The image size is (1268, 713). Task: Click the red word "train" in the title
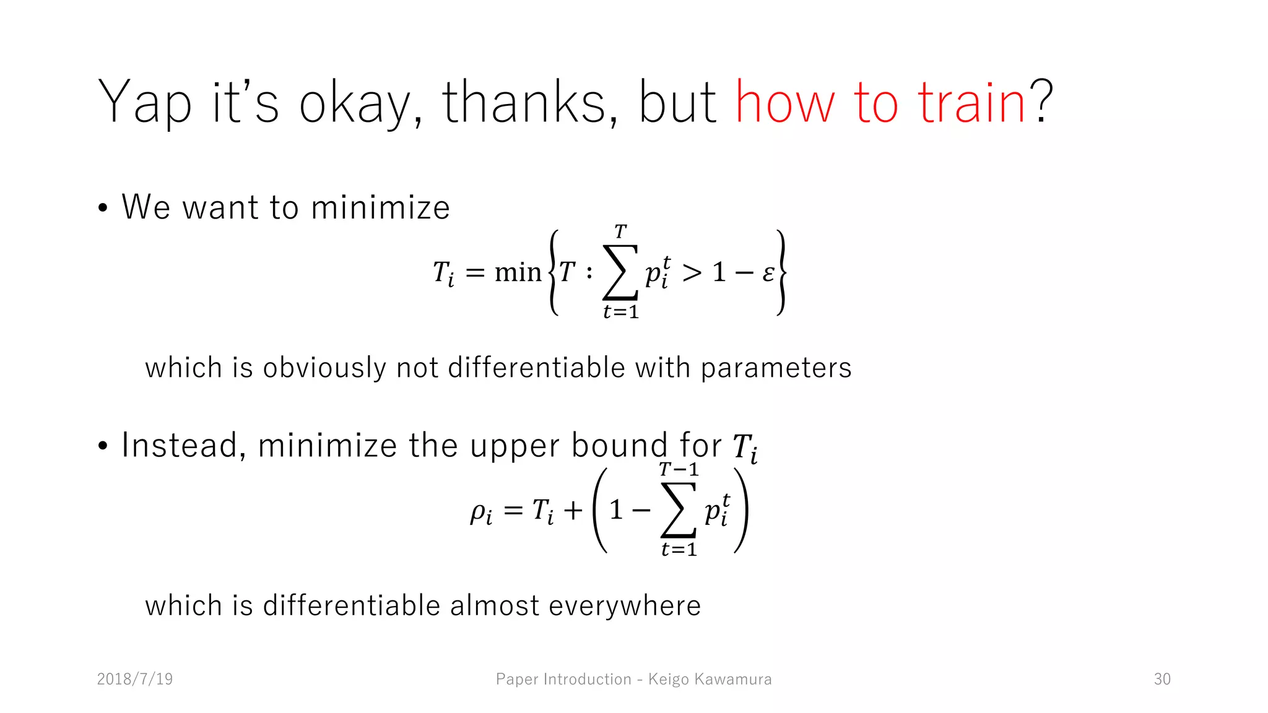click(x=971, y=103)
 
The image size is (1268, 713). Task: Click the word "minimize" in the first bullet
click(x=380, y=207)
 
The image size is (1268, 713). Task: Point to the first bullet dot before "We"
click(x=103, y=208)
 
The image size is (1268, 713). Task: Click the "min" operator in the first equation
click(x=518, y=272)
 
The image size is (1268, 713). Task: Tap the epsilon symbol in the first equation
click(x=768, y=272)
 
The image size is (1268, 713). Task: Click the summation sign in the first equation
click(x=620, y=272)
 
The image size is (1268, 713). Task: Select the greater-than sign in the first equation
click(x=692, y=272)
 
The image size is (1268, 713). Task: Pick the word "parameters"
click(x=776, y=368)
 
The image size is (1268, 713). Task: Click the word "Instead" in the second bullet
click(x=180, y=445)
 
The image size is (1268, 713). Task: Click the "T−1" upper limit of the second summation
click(x=679, y=470)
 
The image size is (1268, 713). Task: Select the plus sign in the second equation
click(x=573, y=511)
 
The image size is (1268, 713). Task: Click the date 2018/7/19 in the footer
click(x=135, y=679)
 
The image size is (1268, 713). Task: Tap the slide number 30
click(x=1162, y=679)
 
